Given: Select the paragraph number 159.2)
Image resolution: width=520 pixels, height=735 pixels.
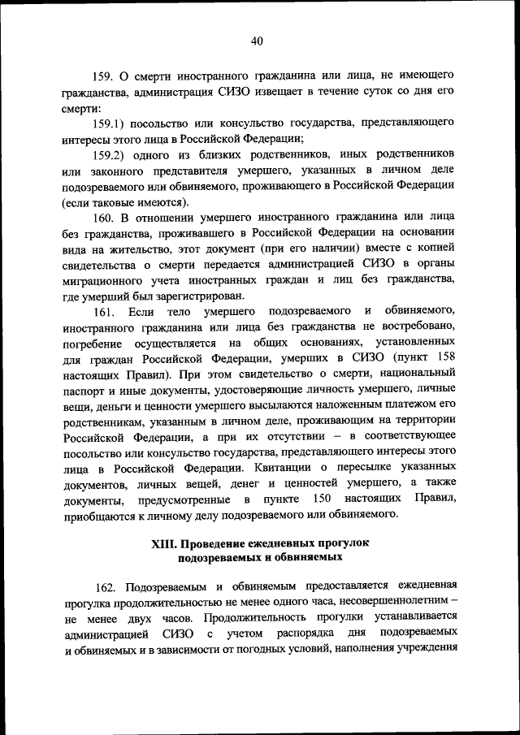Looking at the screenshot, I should [112, 155].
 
